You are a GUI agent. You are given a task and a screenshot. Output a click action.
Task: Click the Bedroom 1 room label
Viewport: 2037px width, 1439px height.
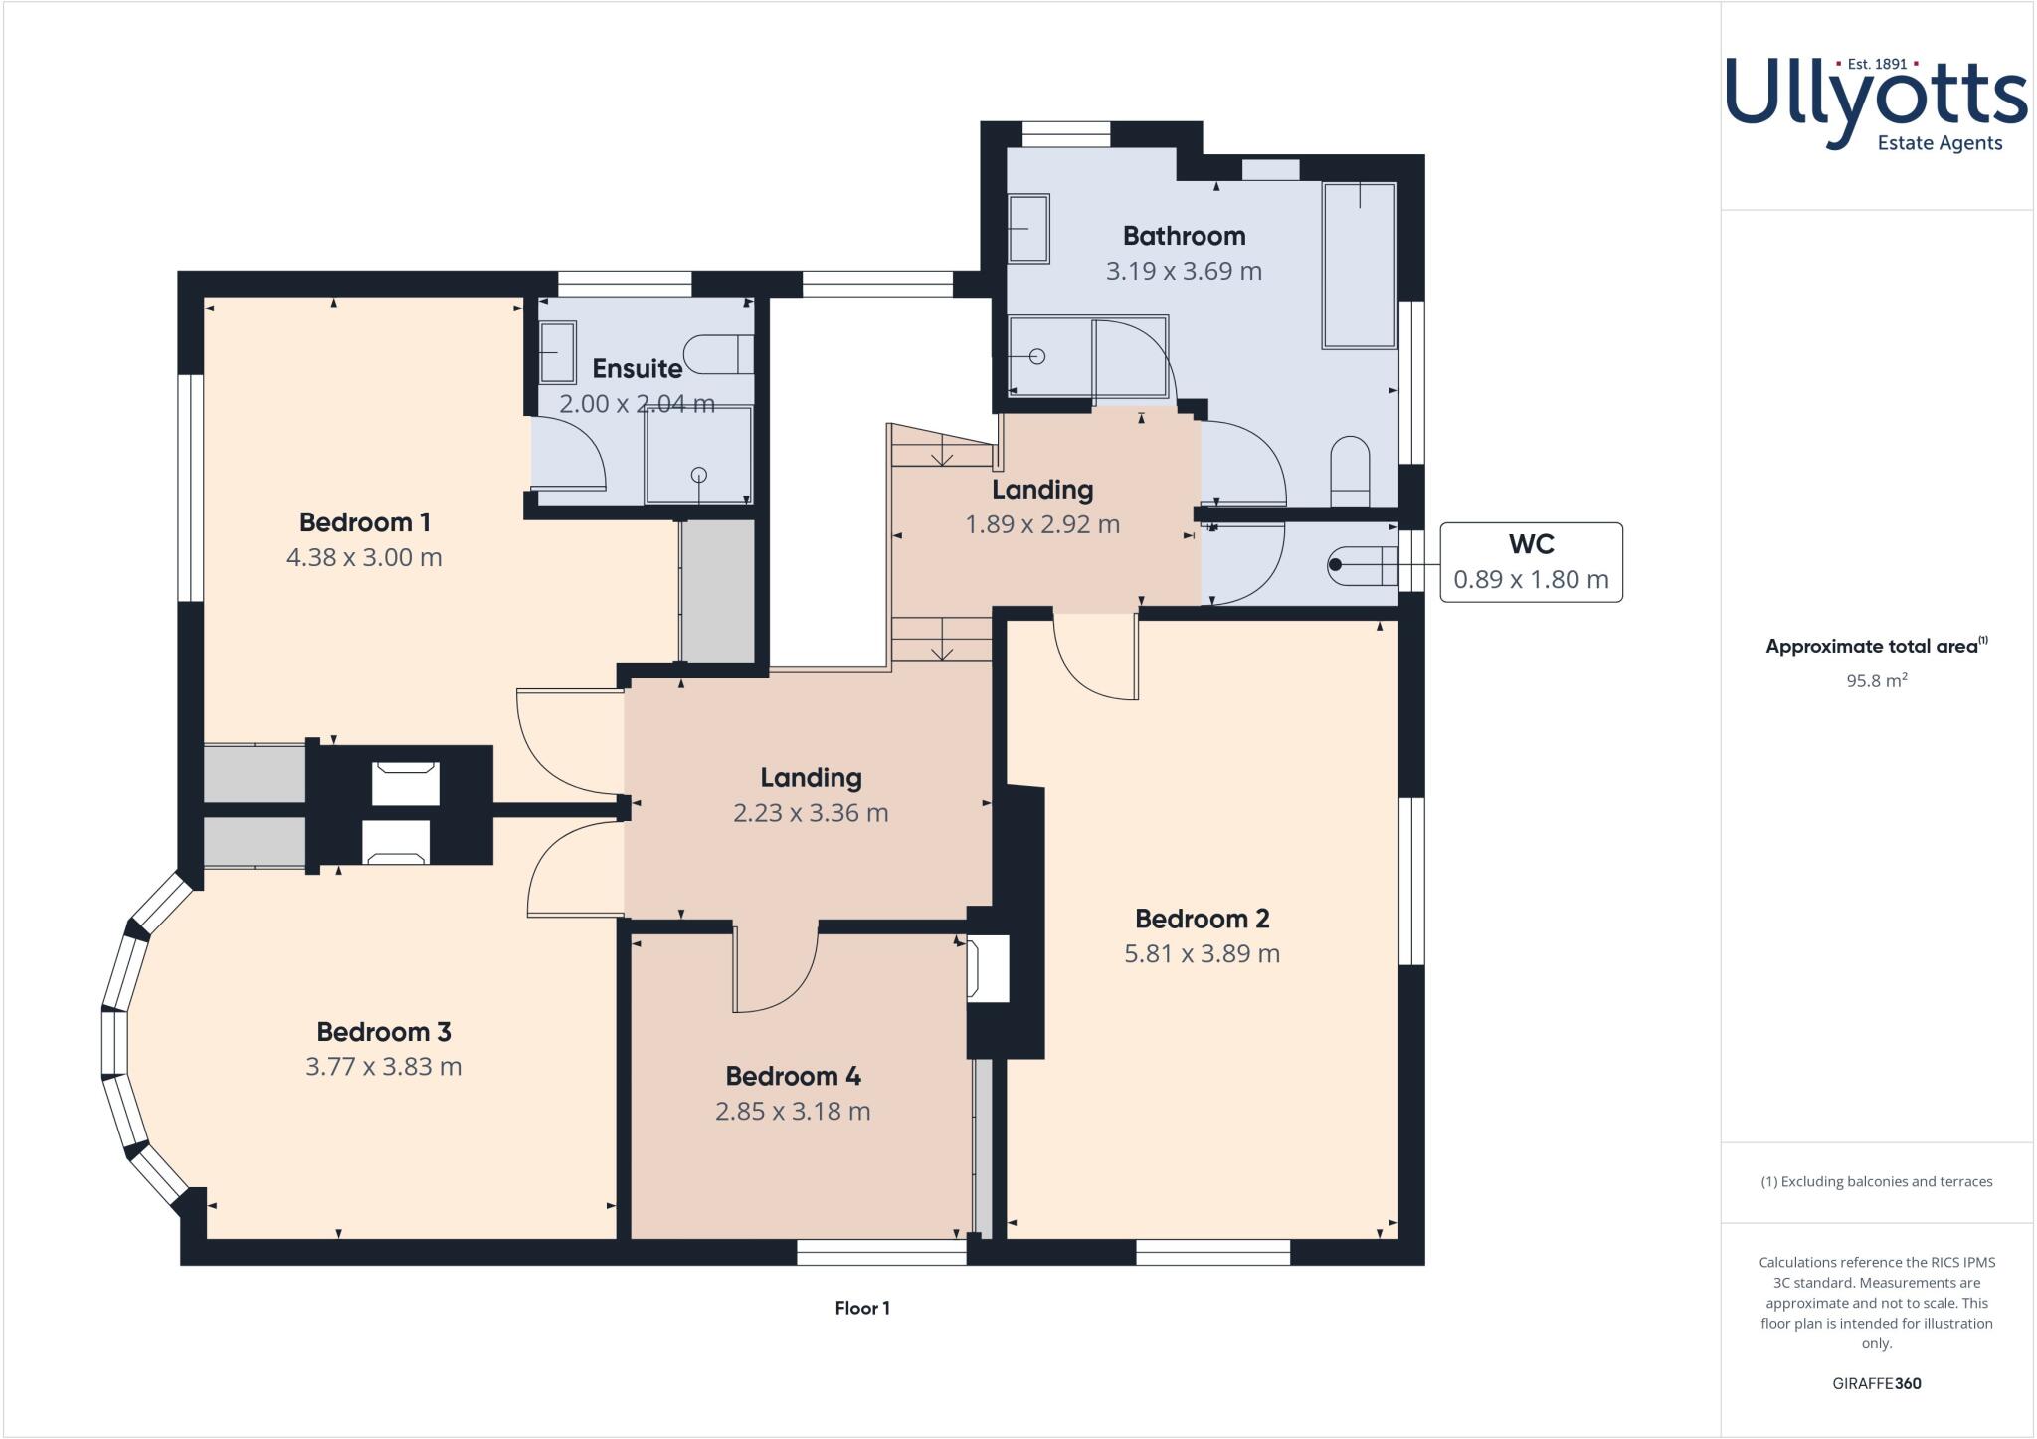coord(364,521)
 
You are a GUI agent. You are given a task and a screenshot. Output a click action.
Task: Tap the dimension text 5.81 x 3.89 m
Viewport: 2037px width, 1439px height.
coord(1202,953)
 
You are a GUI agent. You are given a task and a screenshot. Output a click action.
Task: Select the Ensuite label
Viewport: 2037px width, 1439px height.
coord(637,369)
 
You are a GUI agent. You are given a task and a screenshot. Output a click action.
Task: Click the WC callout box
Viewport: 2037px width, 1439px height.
coord(1531,562)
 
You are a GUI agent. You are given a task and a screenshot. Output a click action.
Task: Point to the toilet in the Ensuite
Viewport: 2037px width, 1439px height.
coord(718,354)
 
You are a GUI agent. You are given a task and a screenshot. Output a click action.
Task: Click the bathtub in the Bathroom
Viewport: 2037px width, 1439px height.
coord(1359,265)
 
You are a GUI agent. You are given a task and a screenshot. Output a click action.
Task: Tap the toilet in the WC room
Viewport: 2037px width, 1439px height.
coord(1364,564)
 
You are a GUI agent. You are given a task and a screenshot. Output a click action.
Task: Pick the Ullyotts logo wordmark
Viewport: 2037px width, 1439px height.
coord(1876,100)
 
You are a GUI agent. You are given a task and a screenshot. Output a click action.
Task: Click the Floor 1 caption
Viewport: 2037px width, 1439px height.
coord(862,1308)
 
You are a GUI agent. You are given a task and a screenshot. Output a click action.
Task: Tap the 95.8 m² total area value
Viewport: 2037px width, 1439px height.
coord(1876,681)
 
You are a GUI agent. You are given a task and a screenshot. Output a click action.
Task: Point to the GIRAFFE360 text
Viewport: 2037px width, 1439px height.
coord(1876,1383)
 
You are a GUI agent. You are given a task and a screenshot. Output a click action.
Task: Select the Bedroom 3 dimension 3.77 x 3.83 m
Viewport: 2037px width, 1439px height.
coord(383,1067)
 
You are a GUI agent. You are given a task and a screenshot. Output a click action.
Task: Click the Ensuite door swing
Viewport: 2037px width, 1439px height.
coord(569,453)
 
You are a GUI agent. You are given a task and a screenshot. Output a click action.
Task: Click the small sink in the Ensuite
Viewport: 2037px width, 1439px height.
coord(557,352)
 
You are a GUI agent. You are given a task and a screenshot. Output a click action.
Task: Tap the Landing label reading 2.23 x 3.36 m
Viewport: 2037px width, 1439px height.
coord(810,813)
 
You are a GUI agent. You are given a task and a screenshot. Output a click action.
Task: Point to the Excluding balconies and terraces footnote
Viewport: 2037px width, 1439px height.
coord(1876,1182)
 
